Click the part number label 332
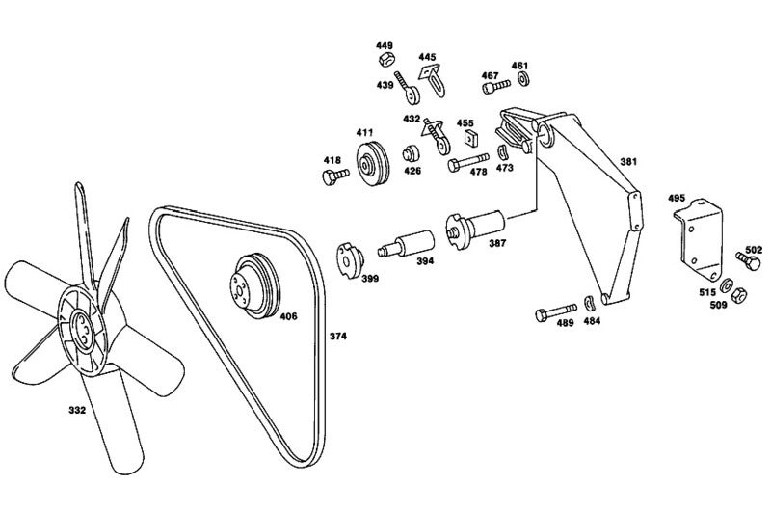pyautogui.click(x=76, y=409)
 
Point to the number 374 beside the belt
pyautogui.click(x=337, y=337)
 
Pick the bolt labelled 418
pyautogui.click(x=333, y=176)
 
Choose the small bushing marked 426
pyautogui.click(x=410, y=154)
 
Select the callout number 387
pyautogui.click(x=497, y=243)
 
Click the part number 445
pyautogui.click(x=427, y=56)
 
